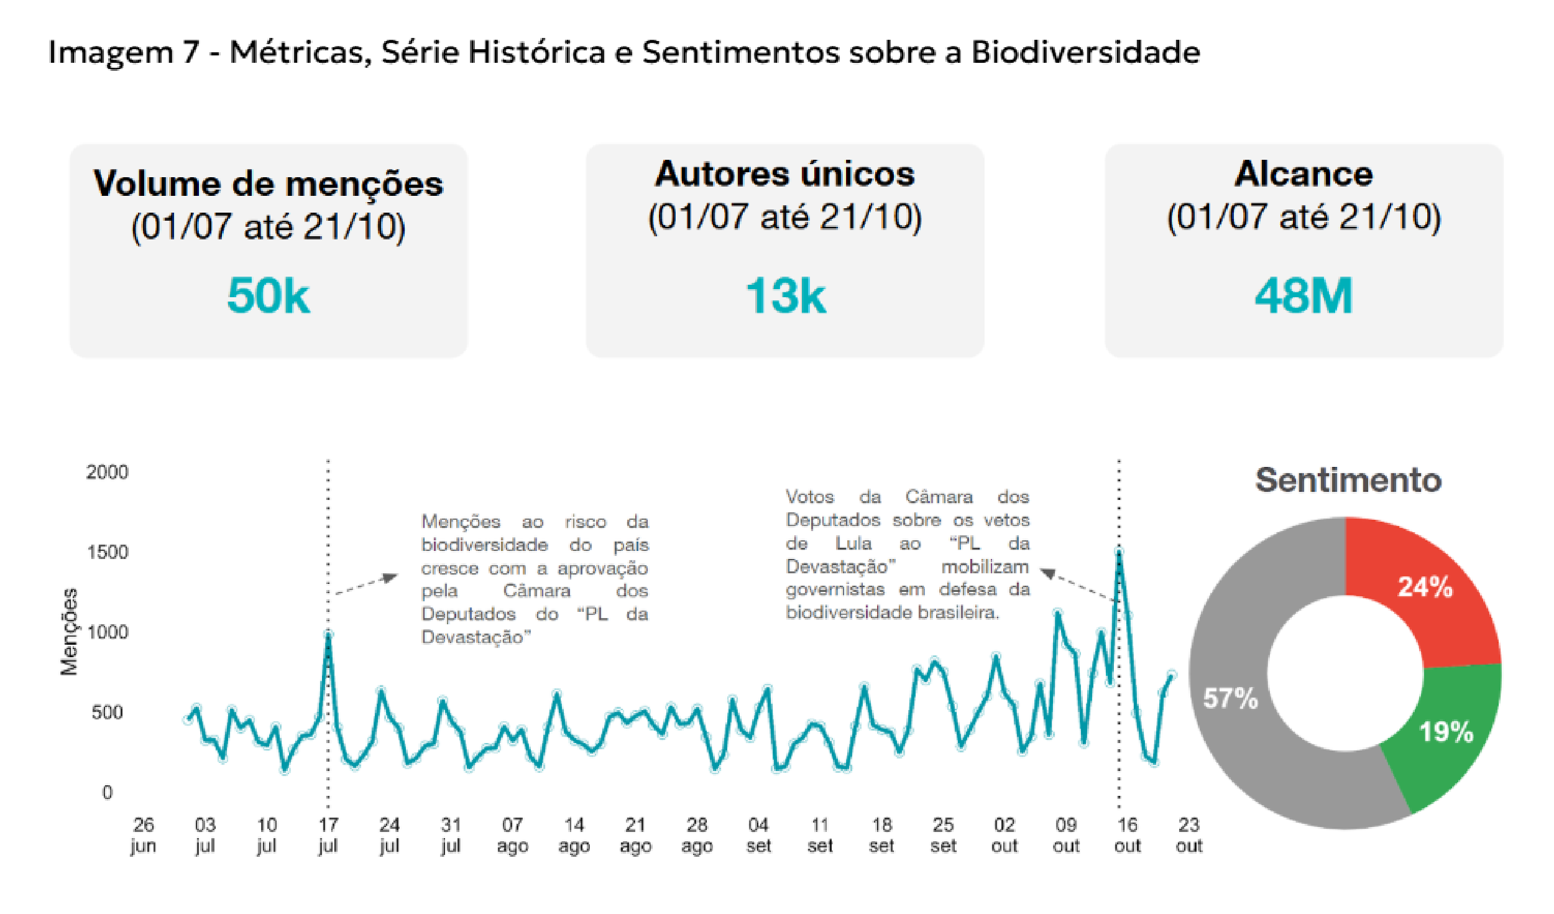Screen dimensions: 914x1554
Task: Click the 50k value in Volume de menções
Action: coord(268,295)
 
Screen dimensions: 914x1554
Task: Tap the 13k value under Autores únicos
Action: coord(785,295)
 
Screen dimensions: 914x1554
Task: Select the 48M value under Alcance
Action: coord(1303,295)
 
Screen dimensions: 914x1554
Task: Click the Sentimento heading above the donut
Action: coord(1348,480)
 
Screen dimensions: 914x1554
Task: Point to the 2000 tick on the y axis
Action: coord(107,473)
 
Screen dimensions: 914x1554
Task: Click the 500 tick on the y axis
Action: coord(107,713)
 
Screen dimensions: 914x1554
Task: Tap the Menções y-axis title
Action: coord(69,632)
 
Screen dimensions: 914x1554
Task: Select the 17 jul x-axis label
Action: coord(328,835)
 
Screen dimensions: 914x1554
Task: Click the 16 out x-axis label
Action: coord(1127,835)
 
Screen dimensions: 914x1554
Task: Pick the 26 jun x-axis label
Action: coord(143,835)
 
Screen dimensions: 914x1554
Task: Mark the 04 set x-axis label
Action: coord(758,835)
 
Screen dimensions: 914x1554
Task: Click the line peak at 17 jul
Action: coord(328,635)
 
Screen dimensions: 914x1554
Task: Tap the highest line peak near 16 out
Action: coord(1119,552)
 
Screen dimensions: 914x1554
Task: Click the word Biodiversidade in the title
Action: coord(1085,52)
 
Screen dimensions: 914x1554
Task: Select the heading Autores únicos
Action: coord(784,173)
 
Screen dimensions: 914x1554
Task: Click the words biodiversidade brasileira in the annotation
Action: coord(891,613)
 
